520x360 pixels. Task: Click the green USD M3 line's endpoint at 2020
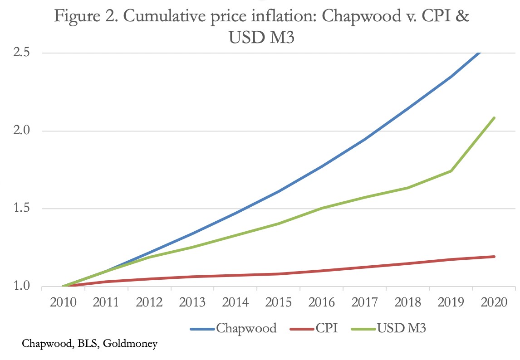[494, 118]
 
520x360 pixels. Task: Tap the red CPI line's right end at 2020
[494, 257]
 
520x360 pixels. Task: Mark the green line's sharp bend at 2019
[451, 171]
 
